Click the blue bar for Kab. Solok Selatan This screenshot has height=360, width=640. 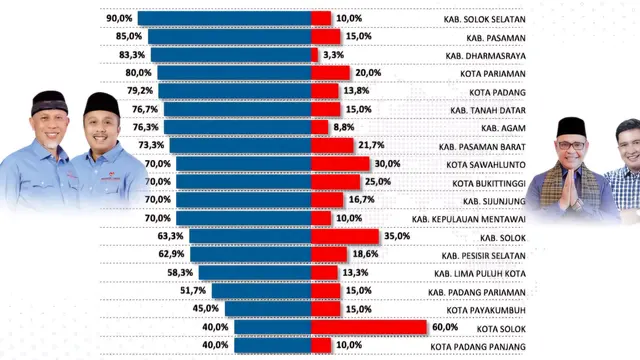[224, 18]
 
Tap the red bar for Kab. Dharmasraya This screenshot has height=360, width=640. [314, 54]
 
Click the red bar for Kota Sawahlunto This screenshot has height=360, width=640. [340, 163]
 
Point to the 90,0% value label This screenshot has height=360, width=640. [118, 18]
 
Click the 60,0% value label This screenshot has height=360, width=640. [445, 326]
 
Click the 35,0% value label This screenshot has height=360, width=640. [398, 236]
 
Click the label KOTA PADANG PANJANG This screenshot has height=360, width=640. [479, 345]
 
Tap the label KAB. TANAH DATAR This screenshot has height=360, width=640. [489, 109]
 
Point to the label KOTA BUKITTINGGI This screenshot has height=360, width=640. [484, 182]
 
